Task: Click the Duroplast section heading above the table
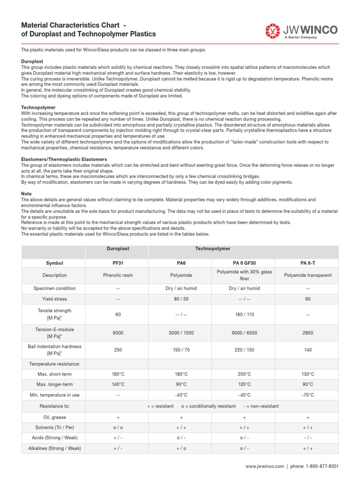(x=32, y=61)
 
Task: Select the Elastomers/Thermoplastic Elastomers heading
(x=64, y=159)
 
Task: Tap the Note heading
(x=27, y=194)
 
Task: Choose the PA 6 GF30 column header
(x=244, y=263)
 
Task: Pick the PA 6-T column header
(x=307, y=263)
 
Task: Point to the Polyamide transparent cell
(x=307, y=275)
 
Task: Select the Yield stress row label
(x=54, y=299)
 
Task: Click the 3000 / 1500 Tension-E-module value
(x=180, y=332)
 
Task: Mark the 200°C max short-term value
(x=244, y=374)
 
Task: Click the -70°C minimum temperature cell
(x=307, y=395)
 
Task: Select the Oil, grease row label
(x=54, y=417)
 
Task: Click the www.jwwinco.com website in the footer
(x=265, y=467)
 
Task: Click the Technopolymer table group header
(x=212, y=248)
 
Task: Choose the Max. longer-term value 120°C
(x=244, y=384)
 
